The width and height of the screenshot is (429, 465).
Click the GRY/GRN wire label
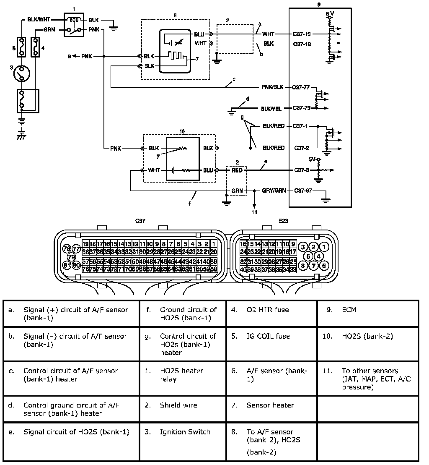pyautogui.click(x=274, y=191)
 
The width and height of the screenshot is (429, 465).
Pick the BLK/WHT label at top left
pyautogui.click(x=39, y=19)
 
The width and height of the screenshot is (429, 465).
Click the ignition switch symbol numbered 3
pyautogui.click(x=20, y=75)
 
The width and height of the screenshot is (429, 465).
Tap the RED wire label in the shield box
pyautogui.click(x=238, y=170)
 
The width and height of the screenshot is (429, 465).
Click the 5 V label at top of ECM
pyautogui.click(x=330, y=14)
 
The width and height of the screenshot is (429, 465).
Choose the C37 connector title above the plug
pyautogui.click(x=140, y=221)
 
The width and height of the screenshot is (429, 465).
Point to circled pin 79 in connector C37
pyautogui.click(x=71, y=257)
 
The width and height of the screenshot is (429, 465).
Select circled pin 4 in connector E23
pyautogui.click(x=318, y=256)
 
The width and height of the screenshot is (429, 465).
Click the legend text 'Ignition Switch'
pyautogui.click(x=185, y=432)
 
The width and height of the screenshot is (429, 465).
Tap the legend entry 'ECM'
pyautogui.click(x=349, y=310)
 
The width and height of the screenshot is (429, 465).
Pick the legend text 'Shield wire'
pyautogui.click(x=178, y=405)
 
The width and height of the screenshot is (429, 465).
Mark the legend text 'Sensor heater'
pyautogui.click(x=270, y=405)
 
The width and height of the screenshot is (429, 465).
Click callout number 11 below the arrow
pyautogui.click(x=254, y=212)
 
